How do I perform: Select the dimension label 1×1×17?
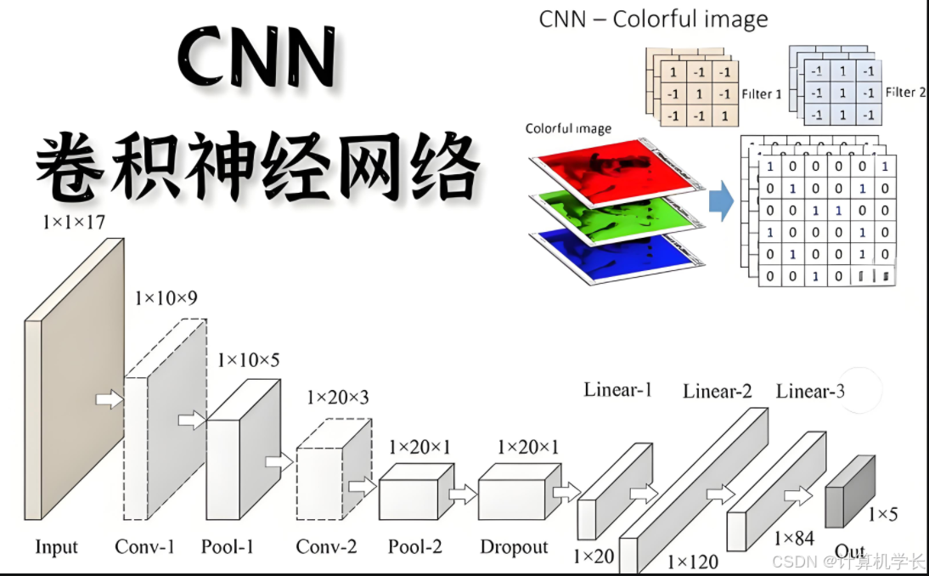click(74, 223)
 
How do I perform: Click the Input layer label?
click(56, 547)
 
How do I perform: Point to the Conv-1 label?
click(144, 547)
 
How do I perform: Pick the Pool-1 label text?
click(227, 547)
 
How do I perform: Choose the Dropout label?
click(514, 547)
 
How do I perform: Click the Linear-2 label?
click(717, 391)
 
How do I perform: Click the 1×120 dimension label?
click(692, 562)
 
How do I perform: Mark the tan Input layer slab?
click(75, 379)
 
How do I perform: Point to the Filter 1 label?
click(761, 94)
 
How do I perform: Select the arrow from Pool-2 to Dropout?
click(463, 494)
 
